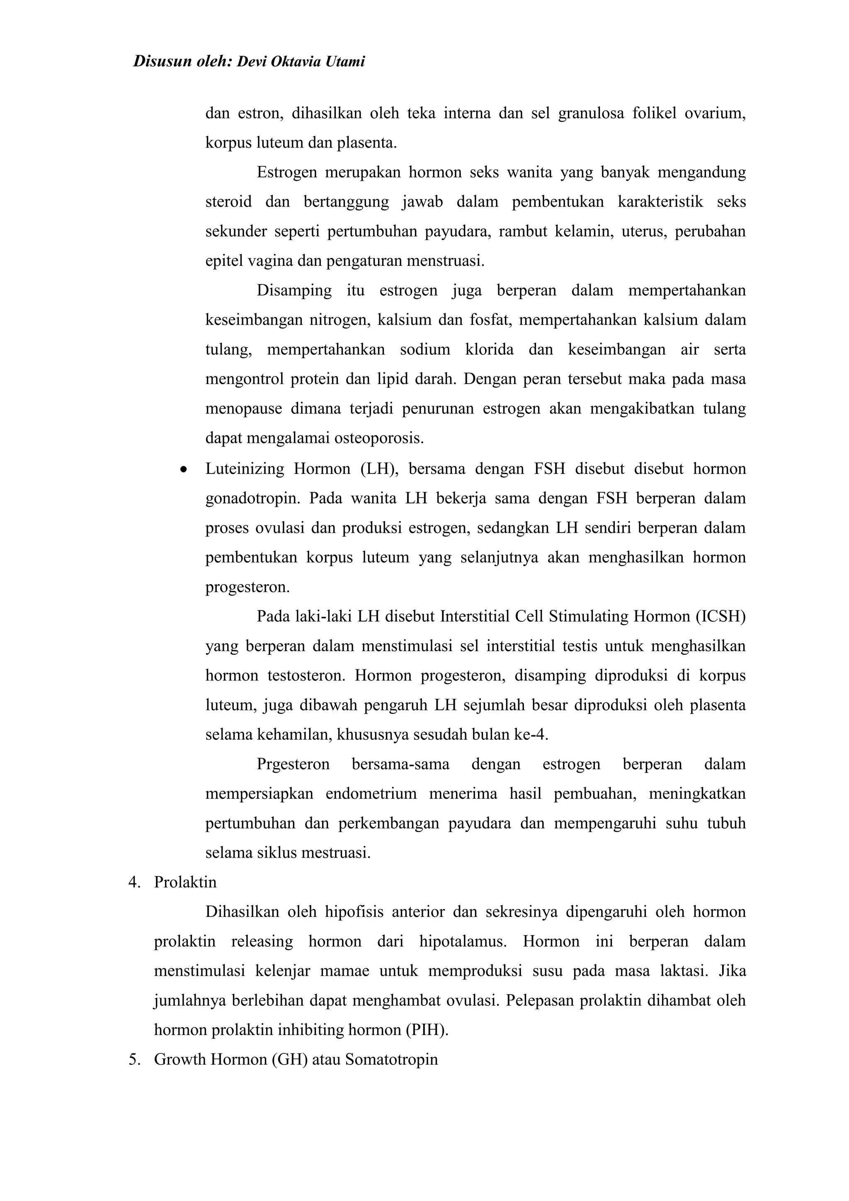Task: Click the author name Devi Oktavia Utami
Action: click(x=301, y=62)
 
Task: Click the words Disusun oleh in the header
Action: click(x=182, y=62)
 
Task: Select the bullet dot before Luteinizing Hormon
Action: click(x=183, y=470)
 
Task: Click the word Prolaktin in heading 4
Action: click(x=185, y=883)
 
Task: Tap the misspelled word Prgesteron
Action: click(x=293, y=764)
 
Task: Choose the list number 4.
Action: click(x=134, y=883)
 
